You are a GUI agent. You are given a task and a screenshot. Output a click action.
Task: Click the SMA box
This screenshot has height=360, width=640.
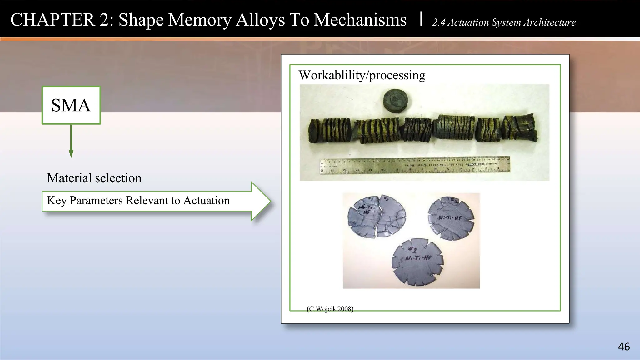click(x=71, y=105)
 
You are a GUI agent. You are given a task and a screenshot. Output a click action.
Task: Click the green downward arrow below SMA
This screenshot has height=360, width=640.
click(x=71, y=141)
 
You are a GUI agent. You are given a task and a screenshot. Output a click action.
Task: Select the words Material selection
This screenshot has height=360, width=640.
click(x=94, y=178)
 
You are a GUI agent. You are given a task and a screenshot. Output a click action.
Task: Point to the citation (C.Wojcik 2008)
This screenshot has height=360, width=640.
click(x=330, y=309)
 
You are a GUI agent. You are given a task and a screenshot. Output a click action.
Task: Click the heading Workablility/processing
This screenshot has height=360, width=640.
click(x=362, y=75)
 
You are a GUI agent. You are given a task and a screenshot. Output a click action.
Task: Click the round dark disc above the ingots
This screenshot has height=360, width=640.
click(x=395, y=101)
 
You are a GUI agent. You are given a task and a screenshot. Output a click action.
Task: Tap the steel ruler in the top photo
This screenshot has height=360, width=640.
click(x=415, y=165)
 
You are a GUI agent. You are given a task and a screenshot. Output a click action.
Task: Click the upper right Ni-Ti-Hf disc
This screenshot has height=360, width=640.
click(x=451, y=218)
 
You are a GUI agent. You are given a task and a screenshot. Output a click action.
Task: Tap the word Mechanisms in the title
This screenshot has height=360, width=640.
click(x=360, y=20)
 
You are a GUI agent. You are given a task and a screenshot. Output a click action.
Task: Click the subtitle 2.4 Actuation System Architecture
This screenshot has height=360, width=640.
click(x=504, y=22)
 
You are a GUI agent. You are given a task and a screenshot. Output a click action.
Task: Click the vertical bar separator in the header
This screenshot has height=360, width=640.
click(x=422, y=18)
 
